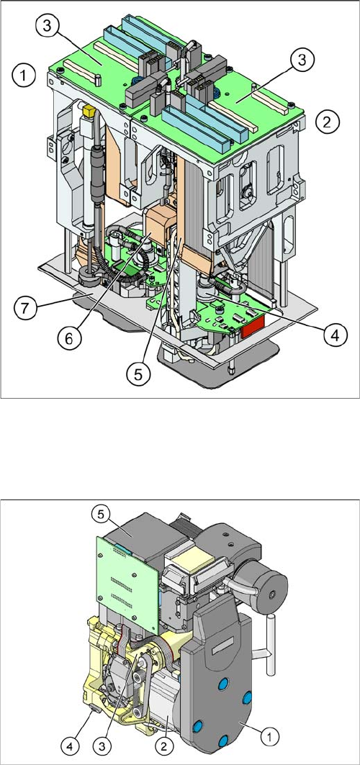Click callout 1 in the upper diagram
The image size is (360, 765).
point(24,76)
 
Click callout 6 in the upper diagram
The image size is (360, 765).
point(68,338)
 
